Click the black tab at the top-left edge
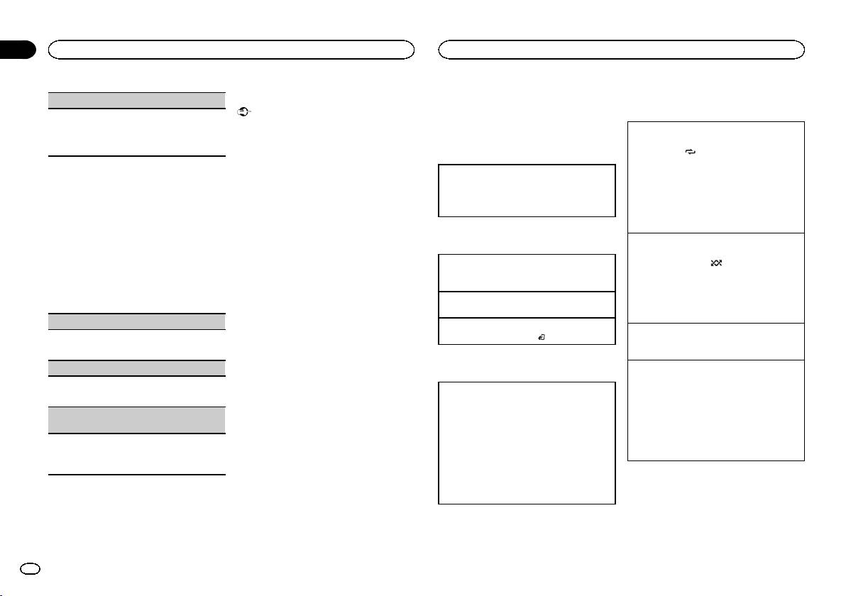[17, 50]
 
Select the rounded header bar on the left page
[231, 50]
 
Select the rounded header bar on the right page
[622, 50]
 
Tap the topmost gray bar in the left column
[136, 100]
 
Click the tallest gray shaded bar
[136, 420]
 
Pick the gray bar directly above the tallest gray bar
[136, 368]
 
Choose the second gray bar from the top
[136, 321]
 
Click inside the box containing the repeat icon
[716, 177]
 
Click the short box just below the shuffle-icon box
[716, 341]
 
